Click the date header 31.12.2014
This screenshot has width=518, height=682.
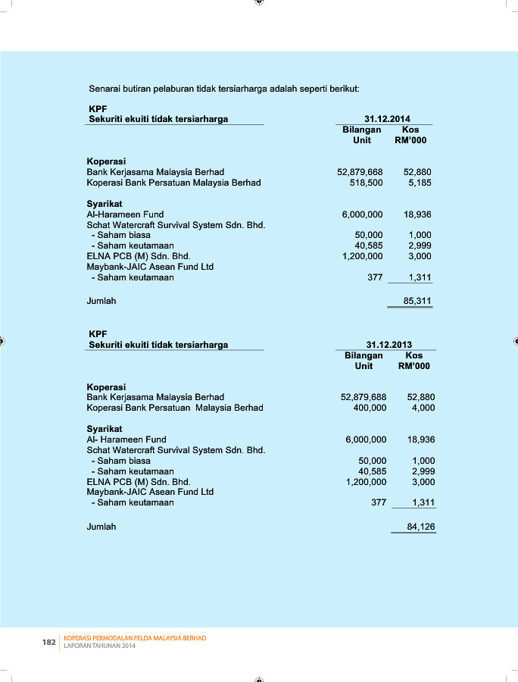point(387,119)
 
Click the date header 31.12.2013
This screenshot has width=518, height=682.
point(389,345)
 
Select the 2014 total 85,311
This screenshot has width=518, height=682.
point(417,301)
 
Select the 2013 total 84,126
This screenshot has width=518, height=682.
point(420,527)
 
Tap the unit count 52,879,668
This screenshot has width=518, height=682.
point(360,172)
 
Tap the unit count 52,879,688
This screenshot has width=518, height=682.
point(364,397)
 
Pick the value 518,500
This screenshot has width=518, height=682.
point(366,183)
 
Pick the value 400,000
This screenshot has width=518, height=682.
point(370,408)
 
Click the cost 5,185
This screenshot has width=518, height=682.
point(420,183)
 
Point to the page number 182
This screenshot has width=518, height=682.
point(48,643)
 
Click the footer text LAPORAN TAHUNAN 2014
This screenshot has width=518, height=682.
point(100,646)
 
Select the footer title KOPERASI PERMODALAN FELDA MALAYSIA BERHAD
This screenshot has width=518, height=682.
point(135,638)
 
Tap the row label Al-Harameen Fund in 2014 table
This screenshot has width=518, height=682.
point(125,214)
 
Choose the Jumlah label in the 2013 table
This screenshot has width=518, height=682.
point(101,527)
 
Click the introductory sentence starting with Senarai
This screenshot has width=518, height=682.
point(223,89)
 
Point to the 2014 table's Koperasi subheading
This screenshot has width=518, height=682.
point(106,161)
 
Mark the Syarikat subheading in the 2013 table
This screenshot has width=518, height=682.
point(105,429)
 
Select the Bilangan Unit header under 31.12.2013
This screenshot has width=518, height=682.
point(364,361)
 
